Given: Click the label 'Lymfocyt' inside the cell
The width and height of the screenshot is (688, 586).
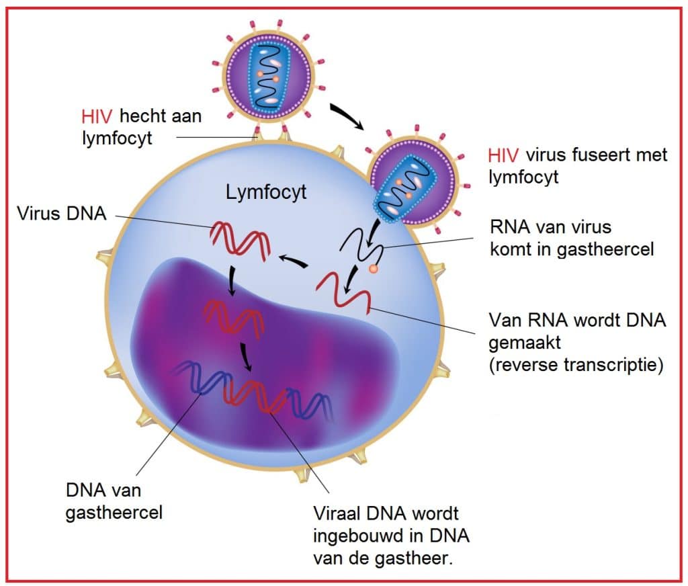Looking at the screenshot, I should pyautogui.click(x=266, y=193).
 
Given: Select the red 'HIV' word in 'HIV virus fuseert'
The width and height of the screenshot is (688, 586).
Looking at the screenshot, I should pyautogui.click(x=503, y=156).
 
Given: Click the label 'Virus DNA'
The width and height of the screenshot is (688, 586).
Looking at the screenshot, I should pyautogui.click(x=61, y=214).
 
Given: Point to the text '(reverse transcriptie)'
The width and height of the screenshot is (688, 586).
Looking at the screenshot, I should pyautogui.click(x=576, y=366).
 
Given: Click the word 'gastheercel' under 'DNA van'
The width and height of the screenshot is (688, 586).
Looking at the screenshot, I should pyautogui.click(x=115, y=513).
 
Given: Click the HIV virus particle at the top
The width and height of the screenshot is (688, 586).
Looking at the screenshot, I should pyautogui.click(x=268, y=75).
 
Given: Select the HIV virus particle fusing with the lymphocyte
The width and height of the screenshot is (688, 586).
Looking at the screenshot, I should pyautogui.click(x=415, y=182).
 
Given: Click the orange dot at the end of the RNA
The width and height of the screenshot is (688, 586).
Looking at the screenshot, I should pyautogui.click(x=374, y=269).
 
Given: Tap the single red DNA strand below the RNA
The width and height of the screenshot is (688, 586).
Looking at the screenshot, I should pyautogui.click(x=343, y=290).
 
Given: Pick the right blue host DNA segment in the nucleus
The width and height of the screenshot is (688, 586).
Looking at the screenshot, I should pyautogui.click(x=308, y=400).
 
